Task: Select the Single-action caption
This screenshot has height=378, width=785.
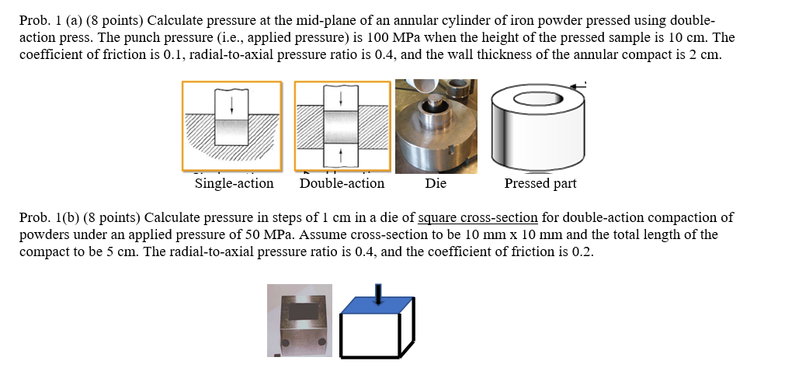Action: [x=234, y=184]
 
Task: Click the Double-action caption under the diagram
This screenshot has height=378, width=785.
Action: [x=342, y=184]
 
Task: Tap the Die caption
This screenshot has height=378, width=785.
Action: [x=436, y=184]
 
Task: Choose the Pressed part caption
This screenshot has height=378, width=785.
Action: [x=540, y=184]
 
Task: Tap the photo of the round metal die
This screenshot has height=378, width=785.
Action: [x=436, y=128]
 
